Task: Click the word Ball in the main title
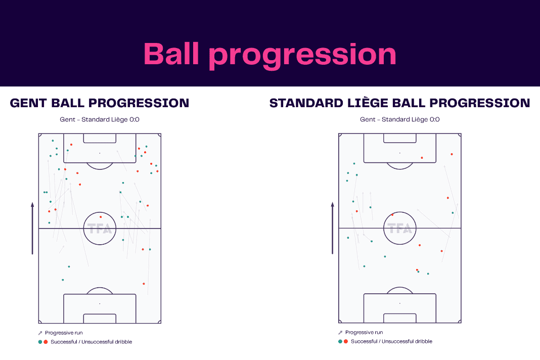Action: point(171,54)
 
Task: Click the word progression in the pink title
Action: point(303,56)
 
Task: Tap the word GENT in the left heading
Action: point(28,103)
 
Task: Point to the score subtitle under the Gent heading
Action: point(100,119)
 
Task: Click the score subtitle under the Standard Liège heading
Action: point(400,119)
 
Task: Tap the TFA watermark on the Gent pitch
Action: point(100,229)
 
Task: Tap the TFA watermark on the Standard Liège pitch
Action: point(400,229)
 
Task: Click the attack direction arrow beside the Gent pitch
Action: point(32,229)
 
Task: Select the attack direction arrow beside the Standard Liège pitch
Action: point(332,229)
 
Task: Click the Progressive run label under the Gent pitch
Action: point(64,333)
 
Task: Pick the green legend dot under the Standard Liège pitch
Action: point(340,341)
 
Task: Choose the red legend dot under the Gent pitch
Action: point(46,342)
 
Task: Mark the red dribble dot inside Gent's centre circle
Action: point(101,217)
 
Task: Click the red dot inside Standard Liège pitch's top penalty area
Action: point(422,158)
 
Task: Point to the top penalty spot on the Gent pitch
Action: point(100,153)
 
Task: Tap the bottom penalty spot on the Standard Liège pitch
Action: point(400,303)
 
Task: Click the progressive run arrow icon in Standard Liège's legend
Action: point(340,332)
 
